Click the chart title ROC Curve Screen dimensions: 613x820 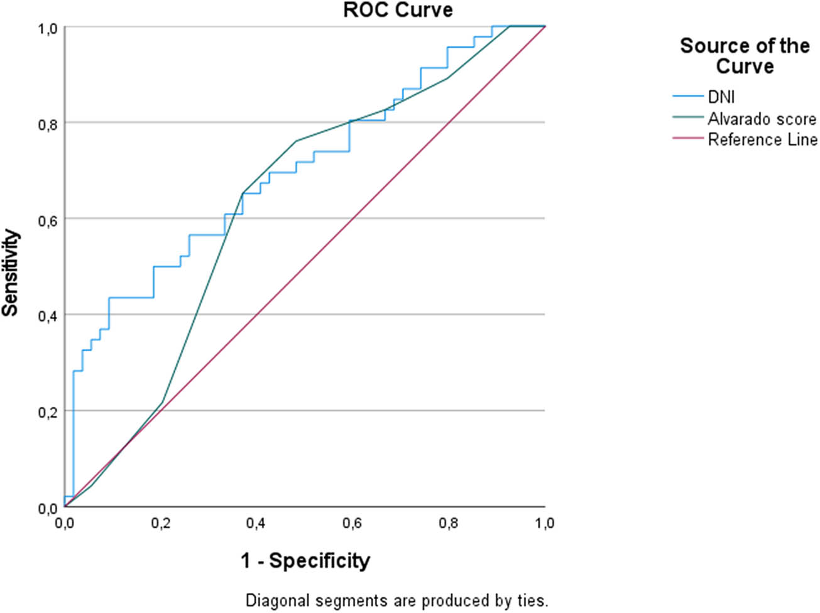tap(398, 10)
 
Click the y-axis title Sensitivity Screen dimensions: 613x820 tap(11, 273)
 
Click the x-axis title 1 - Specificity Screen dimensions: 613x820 tap(305, 560)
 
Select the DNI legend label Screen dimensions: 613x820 tap(721, 97)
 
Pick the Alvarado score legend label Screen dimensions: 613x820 tap(762, 119)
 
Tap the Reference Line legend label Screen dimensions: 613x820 tap(762, 139)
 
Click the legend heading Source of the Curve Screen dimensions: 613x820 tap(745, 56)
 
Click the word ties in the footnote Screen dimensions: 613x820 tap(535, 600)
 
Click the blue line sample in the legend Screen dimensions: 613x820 tap(687, 97)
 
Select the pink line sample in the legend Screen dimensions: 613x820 tap(687, 139)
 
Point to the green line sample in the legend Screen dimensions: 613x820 tap(687, 117)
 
